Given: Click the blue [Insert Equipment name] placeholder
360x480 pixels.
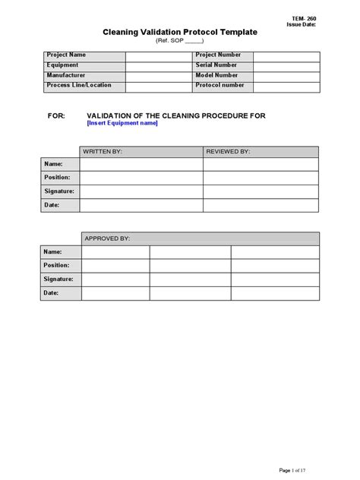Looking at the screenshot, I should (122, 123).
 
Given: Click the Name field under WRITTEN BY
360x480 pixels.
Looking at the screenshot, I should (141, 164).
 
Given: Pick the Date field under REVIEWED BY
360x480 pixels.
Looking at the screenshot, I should (261, 205).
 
